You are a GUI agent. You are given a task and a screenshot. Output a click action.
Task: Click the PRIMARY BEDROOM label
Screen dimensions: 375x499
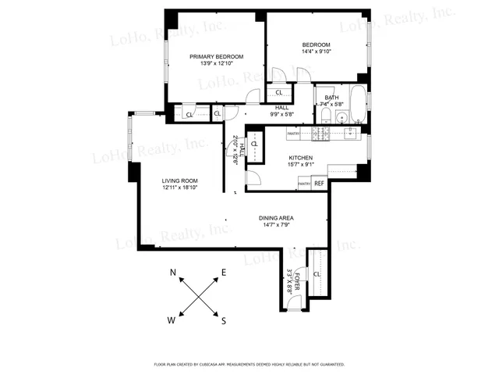coord(217,56)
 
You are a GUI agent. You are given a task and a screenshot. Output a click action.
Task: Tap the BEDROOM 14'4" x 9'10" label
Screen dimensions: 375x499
coord(317,45)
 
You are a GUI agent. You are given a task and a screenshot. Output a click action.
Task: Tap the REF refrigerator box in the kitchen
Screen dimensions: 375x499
coord(319,183)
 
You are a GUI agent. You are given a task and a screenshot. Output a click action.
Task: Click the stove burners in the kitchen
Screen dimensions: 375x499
coord(319,134)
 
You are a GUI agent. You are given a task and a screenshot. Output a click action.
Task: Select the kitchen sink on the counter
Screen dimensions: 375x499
coord(343,134)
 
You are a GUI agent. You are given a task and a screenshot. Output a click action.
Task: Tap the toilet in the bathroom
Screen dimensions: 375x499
coord(325,118)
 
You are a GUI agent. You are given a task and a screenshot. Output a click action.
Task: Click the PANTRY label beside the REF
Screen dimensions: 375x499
coord(304,184)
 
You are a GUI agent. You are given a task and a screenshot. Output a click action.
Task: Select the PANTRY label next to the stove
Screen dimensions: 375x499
coord(294,134)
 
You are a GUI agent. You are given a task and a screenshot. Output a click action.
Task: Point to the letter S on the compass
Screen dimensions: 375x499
coord(223,320)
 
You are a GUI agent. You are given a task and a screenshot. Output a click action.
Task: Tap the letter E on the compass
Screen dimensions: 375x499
coord(224,273)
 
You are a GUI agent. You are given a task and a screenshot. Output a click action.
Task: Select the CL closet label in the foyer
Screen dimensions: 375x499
coord(317,275)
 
